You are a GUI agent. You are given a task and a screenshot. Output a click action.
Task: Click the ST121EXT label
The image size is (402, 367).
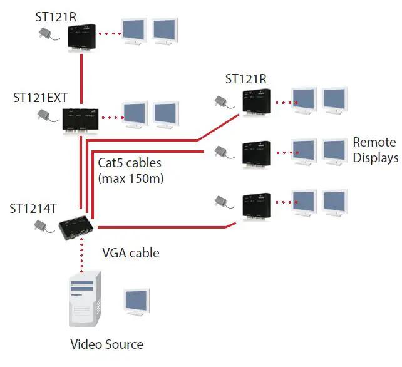[40, 98]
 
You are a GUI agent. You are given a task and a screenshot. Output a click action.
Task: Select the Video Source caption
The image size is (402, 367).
[106, 344]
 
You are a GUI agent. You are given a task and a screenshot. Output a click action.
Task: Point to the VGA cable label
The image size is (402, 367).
[130, 253]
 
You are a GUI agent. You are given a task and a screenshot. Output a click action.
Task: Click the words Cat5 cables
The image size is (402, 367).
[130, 163]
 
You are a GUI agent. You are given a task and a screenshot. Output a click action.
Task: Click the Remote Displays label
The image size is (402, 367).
[375, 150]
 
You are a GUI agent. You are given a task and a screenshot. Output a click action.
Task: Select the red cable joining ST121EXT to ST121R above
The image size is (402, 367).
[81, 78]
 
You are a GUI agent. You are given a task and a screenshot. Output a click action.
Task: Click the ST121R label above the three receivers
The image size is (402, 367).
[245, 79]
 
